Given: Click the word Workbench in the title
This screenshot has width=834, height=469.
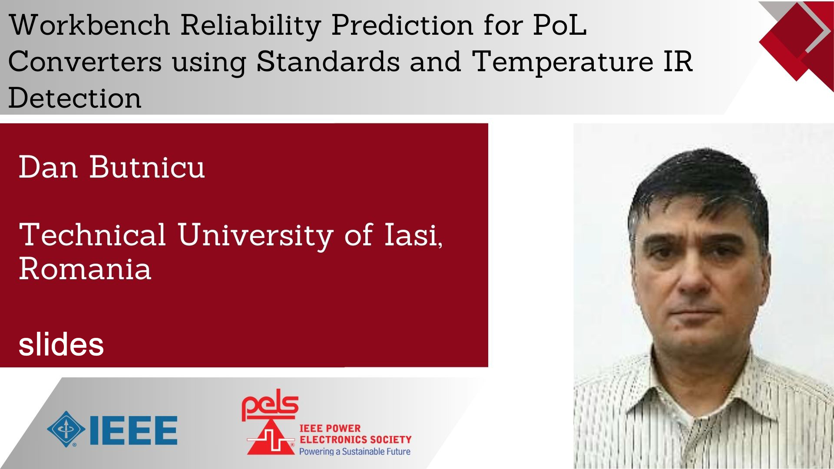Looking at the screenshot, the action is point(89,26).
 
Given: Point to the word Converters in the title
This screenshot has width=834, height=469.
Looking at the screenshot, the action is point(85,62).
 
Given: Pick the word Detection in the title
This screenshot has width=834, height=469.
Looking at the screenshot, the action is point(75,98).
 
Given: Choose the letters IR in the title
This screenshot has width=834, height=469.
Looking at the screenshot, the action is point(678,62).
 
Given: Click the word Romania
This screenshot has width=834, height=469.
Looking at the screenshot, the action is point(85,269).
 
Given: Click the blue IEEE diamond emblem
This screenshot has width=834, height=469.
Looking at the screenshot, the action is point(66,429).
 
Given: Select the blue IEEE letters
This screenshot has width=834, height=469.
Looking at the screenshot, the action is point(133,430).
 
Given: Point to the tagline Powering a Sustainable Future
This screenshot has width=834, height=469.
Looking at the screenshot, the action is point(355,452).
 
